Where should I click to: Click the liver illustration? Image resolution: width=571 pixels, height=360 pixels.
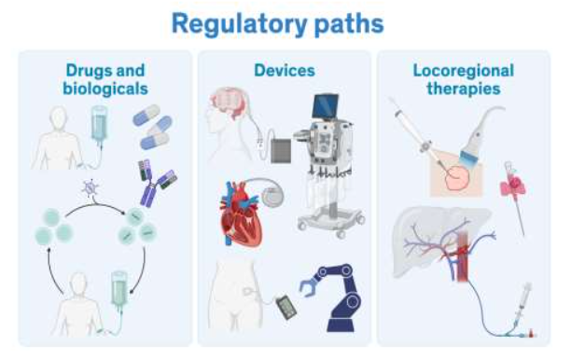[x=439, y=242]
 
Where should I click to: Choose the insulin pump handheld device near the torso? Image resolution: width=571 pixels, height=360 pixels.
[x=280, y=306]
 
